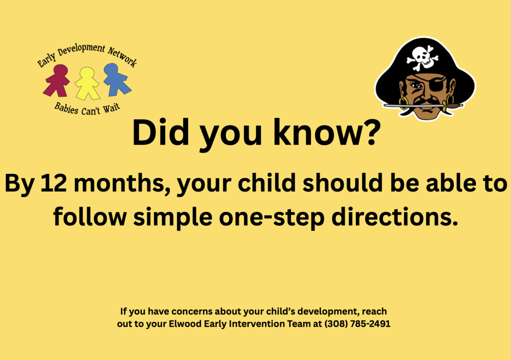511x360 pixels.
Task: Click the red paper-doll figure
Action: coord(56,80)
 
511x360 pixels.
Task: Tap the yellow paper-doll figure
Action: coord(87,83)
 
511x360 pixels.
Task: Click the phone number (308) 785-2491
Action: coord(357,324)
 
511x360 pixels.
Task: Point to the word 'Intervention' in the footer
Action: coord(254,324)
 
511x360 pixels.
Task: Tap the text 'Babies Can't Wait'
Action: coord(87,107)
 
